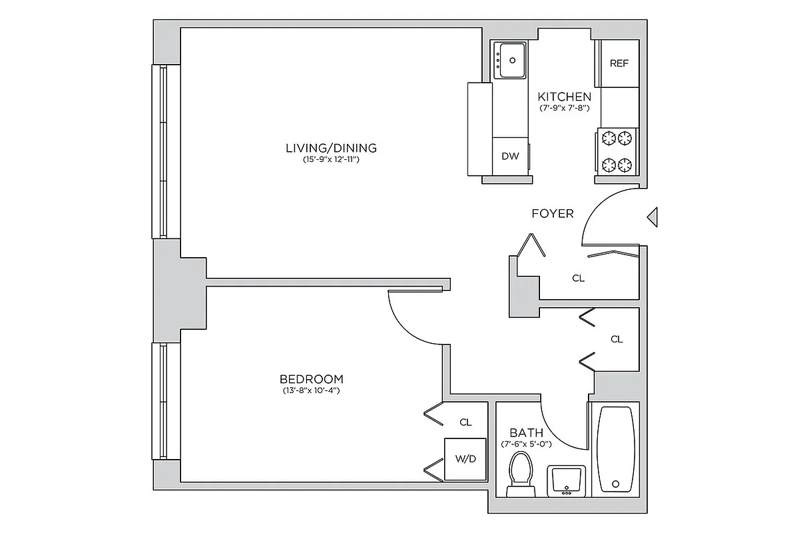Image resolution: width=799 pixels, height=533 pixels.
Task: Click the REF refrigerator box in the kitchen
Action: [x=619, y=63]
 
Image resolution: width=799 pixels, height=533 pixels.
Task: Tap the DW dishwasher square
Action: [x=510, y=157]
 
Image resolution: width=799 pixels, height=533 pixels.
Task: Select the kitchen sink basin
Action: [x=511, y=60]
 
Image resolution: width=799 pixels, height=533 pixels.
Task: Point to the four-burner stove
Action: [x=616, y=151]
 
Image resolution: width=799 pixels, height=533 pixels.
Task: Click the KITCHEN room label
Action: [x=564, y=96]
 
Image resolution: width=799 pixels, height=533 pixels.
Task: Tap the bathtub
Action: [x=615, y=448]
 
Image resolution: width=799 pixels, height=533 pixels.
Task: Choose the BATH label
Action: [x=526, y=433]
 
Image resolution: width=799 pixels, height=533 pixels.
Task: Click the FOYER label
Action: [x=552, y=214]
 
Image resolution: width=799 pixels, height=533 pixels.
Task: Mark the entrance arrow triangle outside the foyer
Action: [x=653, y=217]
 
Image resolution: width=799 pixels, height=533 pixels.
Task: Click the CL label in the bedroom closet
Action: [x=465, y=422]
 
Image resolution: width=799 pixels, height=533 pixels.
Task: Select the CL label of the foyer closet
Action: [x=578, y=278]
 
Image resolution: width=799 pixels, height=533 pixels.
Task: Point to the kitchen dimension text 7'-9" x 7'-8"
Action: [x=564, y=108]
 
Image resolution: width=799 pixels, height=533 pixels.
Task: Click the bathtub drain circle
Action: [x=616, y=484]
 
